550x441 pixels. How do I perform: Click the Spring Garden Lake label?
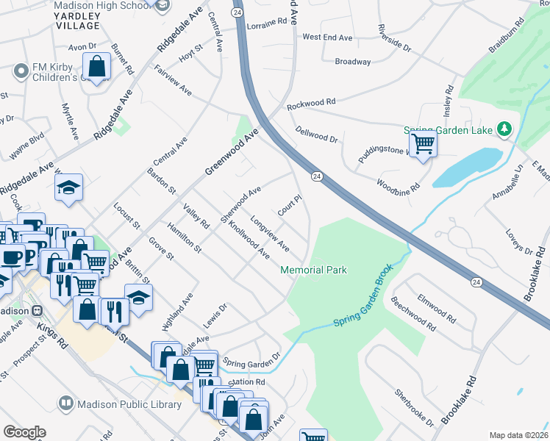(449, 130)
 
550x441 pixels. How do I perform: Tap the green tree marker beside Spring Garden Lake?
(504, 129)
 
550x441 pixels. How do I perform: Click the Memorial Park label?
(313, 270)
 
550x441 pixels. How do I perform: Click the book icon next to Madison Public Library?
(66, 404)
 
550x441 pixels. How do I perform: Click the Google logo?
(24, 431)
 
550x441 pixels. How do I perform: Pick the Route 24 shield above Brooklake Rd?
(476, 282)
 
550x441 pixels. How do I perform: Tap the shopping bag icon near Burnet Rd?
(96, 68)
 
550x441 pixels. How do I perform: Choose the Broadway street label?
(353, 62)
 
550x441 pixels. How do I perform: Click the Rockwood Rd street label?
(311, 103)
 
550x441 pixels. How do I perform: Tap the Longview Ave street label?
(270, 232)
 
